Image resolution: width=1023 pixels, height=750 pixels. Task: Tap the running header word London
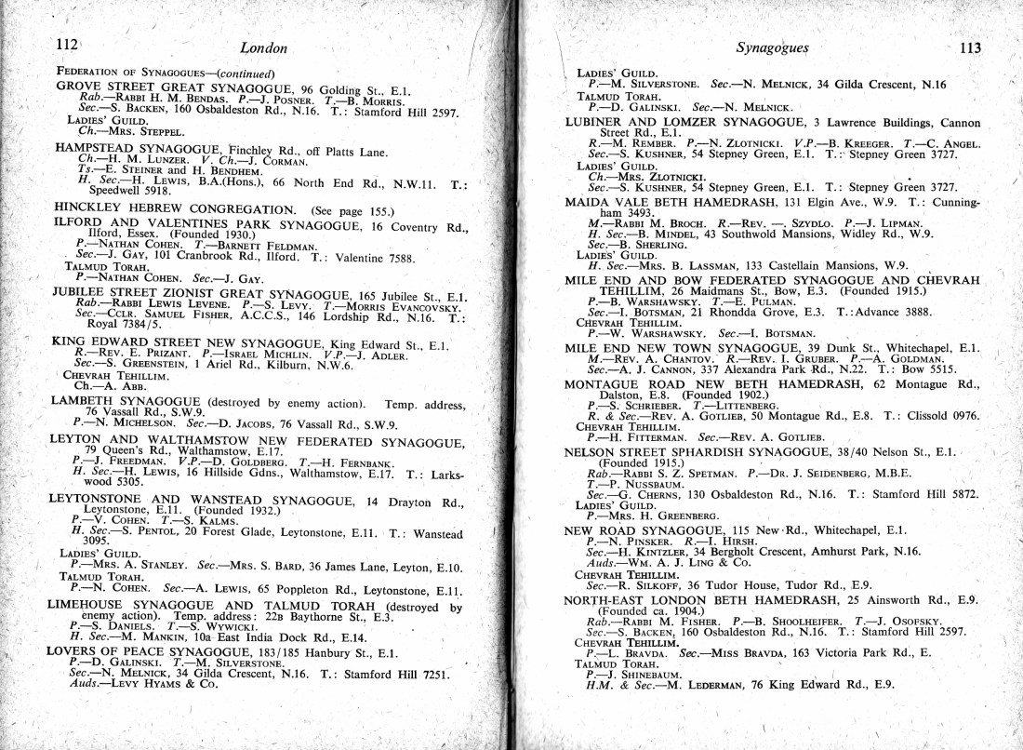tap(263, 47)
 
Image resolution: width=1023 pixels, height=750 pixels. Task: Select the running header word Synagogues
tap(771, 47)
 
